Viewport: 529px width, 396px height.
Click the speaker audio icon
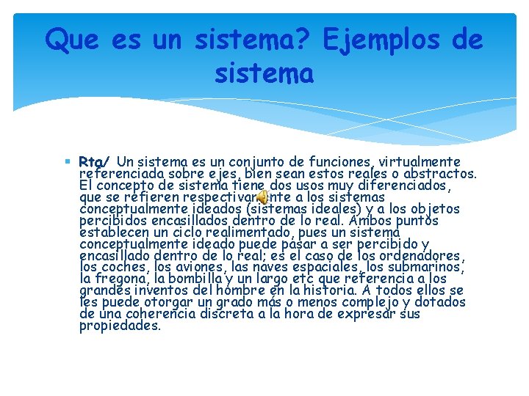pyautogui.click(x=263, y=197)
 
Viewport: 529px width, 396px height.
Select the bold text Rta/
pyautogui.click(x=94, y=161)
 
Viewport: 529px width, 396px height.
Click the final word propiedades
pyautogui.click(x=120, y=326)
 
